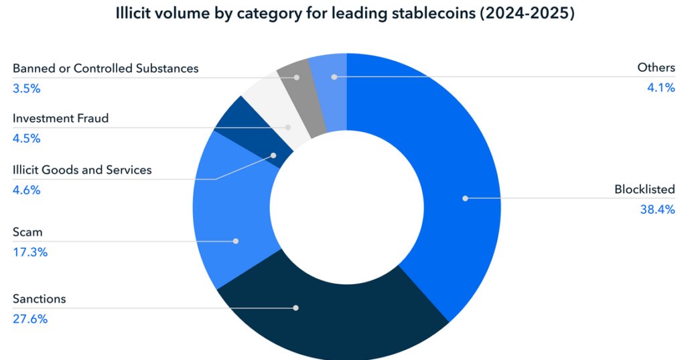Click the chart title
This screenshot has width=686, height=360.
click(345, 13)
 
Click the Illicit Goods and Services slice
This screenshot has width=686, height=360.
click(252, 131)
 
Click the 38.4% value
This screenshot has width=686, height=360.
click(658, 209)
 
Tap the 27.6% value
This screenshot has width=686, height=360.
click(30, 319)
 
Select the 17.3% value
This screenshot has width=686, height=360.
click(30, 252)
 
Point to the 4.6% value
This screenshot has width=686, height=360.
click(27, 190)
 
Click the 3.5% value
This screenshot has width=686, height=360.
click(27, 88)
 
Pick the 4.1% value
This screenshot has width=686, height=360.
click(661, 88)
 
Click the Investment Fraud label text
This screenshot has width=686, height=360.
click(61, 118)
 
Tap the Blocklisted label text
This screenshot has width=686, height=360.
click(645, 189)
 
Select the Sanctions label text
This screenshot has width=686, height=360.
click(40, 299)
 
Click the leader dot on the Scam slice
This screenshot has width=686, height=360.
click(236, 241)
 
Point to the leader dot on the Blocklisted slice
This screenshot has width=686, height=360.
click(465, 198)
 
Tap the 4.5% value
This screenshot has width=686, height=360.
click(27, 138)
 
